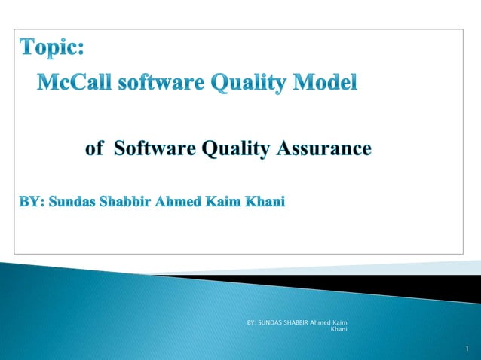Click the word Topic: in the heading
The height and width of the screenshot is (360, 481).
52,48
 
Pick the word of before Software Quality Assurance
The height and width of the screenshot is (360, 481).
94,148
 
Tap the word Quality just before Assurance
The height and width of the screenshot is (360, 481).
234,149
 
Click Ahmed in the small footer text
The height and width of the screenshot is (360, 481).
325,323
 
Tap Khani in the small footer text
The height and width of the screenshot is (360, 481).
339,330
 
